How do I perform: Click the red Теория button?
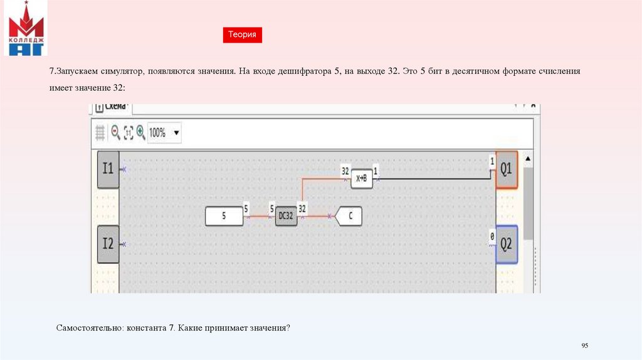pos(242,35)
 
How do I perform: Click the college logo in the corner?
pos(26,29)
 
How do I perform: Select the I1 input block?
pos(108,169)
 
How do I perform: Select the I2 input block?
pos(108,243)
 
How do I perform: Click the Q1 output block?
pos(507,169)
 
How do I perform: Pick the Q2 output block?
pos(507,243)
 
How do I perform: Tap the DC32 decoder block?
pos(286,216)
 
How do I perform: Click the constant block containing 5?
pos(224,216)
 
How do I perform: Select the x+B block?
pos(362,179)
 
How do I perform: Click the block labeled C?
pos(349,216)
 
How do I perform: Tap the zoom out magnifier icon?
pos(115,132)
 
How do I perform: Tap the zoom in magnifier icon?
pos(140,132)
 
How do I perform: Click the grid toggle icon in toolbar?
pos(100,132)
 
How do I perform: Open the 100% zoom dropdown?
pos(176,132)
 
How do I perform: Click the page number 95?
pos(585,346)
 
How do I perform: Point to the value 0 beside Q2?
pos(492,237)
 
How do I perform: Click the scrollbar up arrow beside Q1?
pos(528,158)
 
